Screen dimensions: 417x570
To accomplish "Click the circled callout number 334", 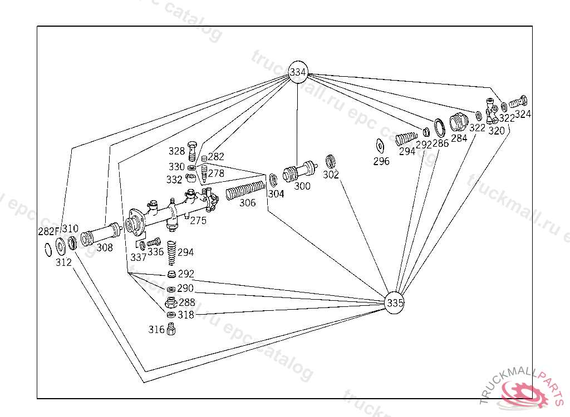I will [298, 72].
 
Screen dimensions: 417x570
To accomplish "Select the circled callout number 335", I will [395, 302].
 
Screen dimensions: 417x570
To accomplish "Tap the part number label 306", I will [248, 203].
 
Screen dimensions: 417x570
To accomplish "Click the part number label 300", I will [302, 186].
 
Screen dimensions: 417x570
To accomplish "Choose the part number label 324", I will [523, 114].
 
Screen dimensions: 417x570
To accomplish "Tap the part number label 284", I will [459, 138].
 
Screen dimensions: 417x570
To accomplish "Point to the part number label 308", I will [104, 248].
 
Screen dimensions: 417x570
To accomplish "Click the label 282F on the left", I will [48, 231].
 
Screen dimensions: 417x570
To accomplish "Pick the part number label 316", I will [156, 330].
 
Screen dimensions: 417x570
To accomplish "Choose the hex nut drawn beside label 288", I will [171, 303].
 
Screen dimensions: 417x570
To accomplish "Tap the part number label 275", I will [198, 220].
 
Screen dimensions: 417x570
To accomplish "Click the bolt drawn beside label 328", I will [193, 150].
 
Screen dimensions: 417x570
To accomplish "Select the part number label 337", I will [138, 257].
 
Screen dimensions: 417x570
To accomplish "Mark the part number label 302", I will [331, 175].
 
